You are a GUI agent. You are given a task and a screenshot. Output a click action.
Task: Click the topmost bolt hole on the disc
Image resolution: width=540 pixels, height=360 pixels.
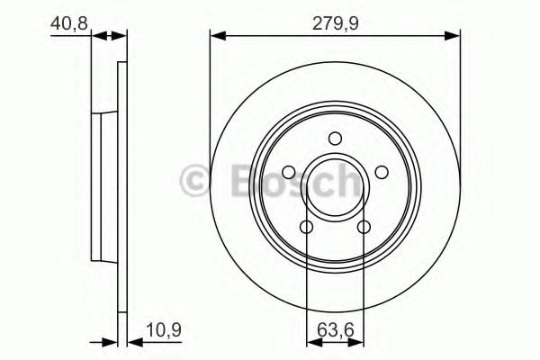(x=335, y=139)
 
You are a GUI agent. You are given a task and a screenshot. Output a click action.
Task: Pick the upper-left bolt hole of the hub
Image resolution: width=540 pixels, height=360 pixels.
(x=290, y=172)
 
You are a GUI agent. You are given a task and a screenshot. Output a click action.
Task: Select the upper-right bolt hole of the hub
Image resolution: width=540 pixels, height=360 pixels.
(x=381, y=172)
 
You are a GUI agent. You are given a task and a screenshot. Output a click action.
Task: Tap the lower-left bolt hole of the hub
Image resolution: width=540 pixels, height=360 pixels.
(x=307, y=226)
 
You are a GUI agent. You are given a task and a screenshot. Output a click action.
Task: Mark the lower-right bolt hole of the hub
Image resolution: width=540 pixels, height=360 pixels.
(x=364, y=226)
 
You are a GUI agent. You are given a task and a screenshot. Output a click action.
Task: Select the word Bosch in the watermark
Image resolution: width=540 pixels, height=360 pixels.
(x=286, y=180)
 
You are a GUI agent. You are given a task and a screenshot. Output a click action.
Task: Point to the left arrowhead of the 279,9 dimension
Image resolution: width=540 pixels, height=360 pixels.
(x=216, y=36)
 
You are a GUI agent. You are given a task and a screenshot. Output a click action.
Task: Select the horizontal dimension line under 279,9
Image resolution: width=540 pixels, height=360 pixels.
(x=335, y=36)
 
